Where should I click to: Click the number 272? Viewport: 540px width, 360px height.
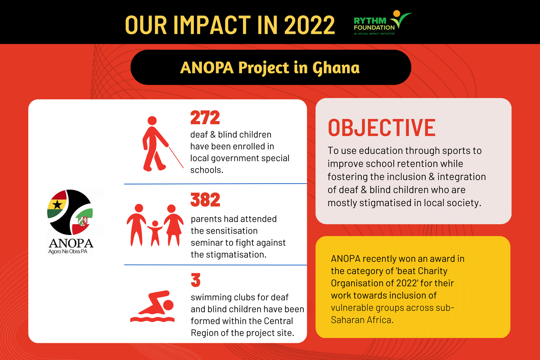point(205,118)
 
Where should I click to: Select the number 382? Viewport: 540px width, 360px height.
point(206,200)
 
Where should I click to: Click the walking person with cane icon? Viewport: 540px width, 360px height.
point(157,144)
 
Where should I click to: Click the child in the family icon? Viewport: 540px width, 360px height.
point(155,232)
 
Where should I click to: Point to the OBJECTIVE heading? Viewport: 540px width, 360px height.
point(381,128)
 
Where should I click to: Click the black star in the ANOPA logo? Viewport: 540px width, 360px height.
point(57,204)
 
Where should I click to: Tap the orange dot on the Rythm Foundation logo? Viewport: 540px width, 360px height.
point(396,13)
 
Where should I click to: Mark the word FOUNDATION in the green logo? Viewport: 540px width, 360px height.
point(373,27)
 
